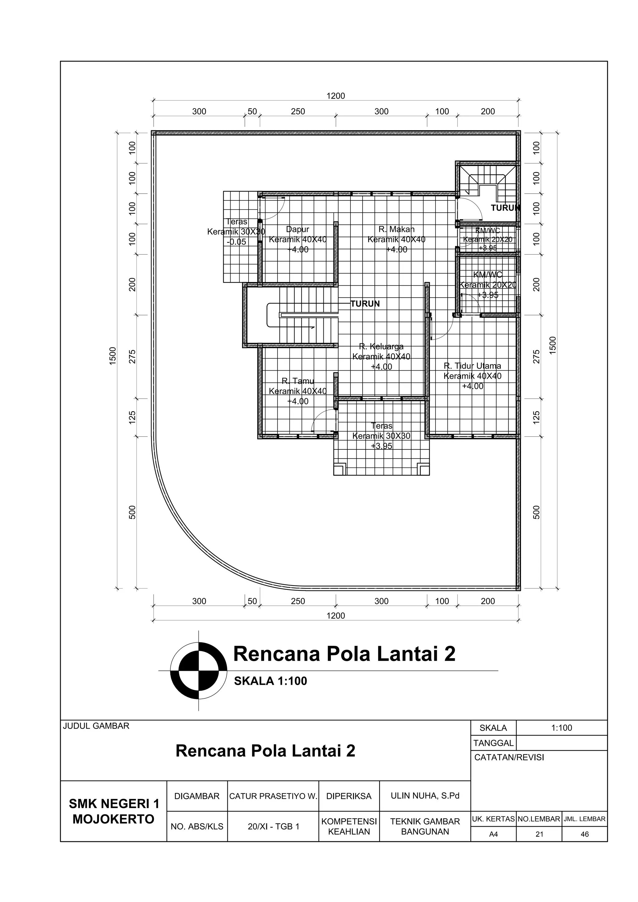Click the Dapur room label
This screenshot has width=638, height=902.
(298, 229)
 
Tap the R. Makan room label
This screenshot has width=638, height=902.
(396, 229)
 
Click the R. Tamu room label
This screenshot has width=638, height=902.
(298, 381)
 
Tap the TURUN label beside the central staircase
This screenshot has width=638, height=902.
(365, 304)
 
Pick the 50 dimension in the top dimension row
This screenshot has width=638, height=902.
(252, 111)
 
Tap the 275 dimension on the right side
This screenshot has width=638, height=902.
(536, 356)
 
